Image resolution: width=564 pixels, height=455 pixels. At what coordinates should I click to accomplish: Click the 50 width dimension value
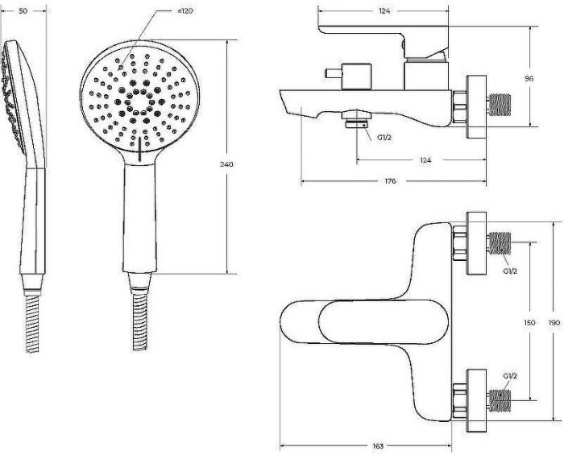[x=23, y=11]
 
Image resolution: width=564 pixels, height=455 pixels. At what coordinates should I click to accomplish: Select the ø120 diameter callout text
[x=185, y=10]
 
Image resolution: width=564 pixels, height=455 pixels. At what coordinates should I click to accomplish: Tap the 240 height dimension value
[x=226, y=164]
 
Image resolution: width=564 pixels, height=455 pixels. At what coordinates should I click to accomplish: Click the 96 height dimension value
[x=529, y=78]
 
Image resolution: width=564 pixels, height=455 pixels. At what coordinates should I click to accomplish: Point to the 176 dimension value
[x=390, y=181]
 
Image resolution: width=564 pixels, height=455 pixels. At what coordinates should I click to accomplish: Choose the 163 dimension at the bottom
[x=378, y=446]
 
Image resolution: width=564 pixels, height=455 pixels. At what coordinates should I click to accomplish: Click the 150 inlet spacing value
[x=529, y=322]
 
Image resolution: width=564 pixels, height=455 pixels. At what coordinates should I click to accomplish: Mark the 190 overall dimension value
[x=554, y=322]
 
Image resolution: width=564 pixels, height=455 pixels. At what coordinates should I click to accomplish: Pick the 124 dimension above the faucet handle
[x=384, y=11]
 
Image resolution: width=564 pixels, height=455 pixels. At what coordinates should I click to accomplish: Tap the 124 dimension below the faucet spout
[x=425, y=160]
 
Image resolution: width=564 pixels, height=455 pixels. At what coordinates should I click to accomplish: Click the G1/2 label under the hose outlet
[x=384, y=137]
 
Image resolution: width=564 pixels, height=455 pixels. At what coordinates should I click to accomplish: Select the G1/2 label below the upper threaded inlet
[x=510, y=271]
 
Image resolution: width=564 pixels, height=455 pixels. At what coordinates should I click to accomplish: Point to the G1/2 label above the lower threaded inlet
[x=510, y=376]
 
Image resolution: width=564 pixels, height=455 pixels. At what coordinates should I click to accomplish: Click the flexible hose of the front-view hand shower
[x=140, y=322]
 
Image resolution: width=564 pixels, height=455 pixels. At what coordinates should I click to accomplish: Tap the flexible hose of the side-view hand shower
[x=32, y=324]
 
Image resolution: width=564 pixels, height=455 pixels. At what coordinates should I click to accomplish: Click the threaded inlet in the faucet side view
[x=499, y=105]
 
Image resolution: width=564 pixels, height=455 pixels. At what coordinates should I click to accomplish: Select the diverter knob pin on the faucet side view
[x=333, y=73]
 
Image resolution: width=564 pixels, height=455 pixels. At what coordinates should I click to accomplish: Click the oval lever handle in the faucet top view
[x=384, y=322]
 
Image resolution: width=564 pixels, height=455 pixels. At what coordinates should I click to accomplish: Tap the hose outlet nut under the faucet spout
[x=356, y=120]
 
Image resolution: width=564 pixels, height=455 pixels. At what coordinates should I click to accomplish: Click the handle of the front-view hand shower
[x=140, y=217]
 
